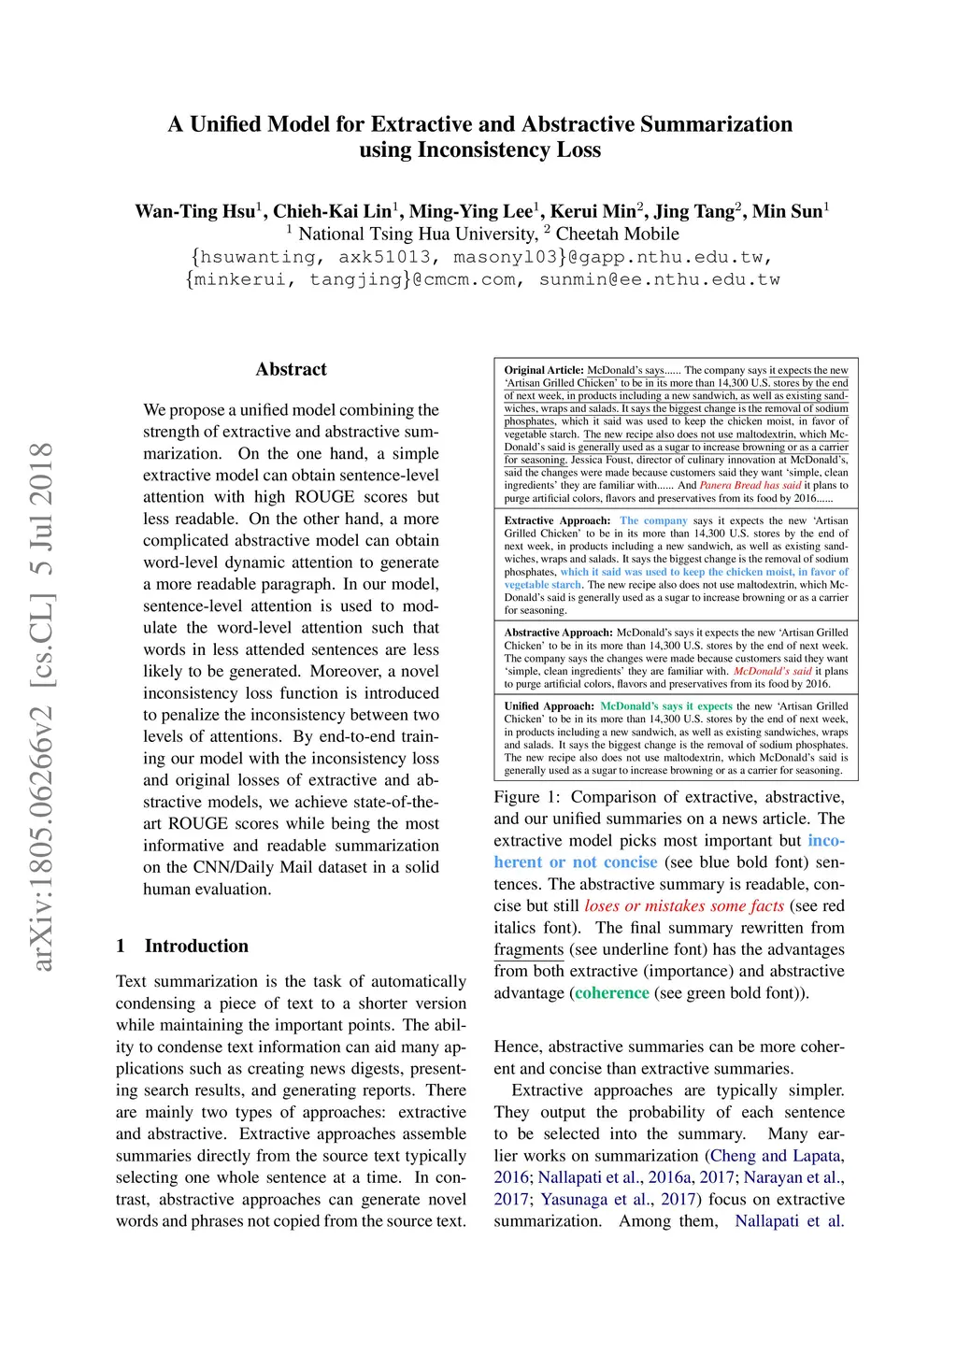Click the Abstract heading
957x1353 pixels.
tap(291, 369)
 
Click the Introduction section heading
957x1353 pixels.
tap(196, 946)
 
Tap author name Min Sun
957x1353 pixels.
tap(787, 211)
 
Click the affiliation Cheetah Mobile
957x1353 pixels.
tap(617, 234)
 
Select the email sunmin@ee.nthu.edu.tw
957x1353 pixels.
tap(659, 279)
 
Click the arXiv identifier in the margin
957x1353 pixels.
tap(42, 706)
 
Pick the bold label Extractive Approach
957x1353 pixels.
tap(557, 520)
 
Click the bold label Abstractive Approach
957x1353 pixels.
tap(559, 633)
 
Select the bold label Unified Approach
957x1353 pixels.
tap(549, 706)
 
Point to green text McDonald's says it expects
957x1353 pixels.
tap(665, 706)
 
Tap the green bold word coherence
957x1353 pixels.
tap(611, 992)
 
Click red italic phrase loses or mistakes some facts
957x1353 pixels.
tap(684, 905)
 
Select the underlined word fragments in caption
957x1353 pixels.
tap(528, 949)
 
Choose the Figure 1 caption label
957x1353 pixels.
tap(527, 797)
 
